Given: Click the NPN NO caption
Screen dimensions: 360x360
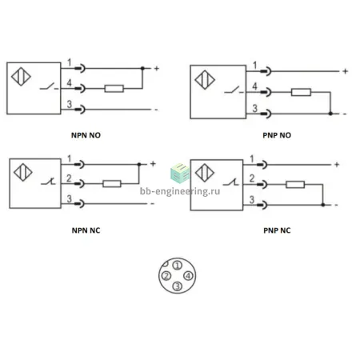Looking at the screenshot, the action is tap(86, 135).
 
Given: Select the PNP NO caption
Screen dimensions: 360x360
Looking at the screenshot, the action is tap(277, 135).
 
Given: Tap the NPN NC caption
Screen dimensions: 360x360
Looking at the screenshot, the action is tap(86, 230).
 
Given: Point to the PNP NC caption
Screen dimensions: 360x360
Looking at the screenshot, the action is tap(277, 230).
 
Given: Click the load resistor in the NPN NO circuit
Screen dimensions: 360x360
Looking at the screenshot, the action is tap(114, 89).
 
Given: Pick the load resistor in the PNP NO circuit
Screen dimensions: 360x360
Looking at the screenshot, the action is tap(301, 92).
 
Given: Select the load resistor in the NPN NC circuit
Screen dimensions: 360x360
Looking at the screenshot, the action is tap(112, 183).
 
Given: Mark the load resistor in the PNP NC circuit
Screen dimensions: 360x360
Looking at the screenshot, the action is tap(295, 184).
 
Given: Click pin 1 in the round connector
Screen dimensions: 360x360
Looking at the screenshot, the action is tap(178, 266).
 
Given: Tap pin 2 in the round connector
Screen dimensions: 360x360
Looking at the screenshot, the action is tap(166, 276).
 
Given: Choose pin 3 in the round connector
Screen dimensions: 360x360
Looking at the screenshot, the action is tap(178, 286).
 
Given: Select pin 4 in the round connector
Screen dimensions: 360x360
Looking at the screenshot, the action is tap(188, 276).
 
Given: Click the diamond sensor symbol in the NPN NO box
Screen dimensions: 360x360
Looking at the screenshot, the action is tap(21, 77).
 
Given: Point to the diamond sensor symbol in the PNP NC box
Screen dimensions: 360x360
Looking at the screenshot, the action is tap(205, 173).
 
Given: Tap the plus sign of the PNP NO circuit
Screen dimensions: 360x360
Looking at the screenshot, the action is tap(346, 71).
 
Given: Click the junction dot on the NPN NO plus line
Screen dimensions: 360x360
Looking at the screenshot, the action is tap(142, 68).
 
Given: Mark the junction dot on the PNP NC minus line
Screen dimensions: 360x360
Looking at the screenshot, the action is tap(323, 205).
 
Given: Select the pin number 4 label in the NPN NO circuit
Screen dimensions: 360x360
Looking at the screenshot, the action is tap(69, 83).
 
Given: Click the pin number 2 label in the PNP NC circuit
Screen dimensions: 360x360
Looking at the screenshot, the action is tap(252, 178).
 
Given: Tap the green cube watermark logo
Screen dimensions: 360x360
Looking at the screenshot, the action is tap(180, 173).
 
